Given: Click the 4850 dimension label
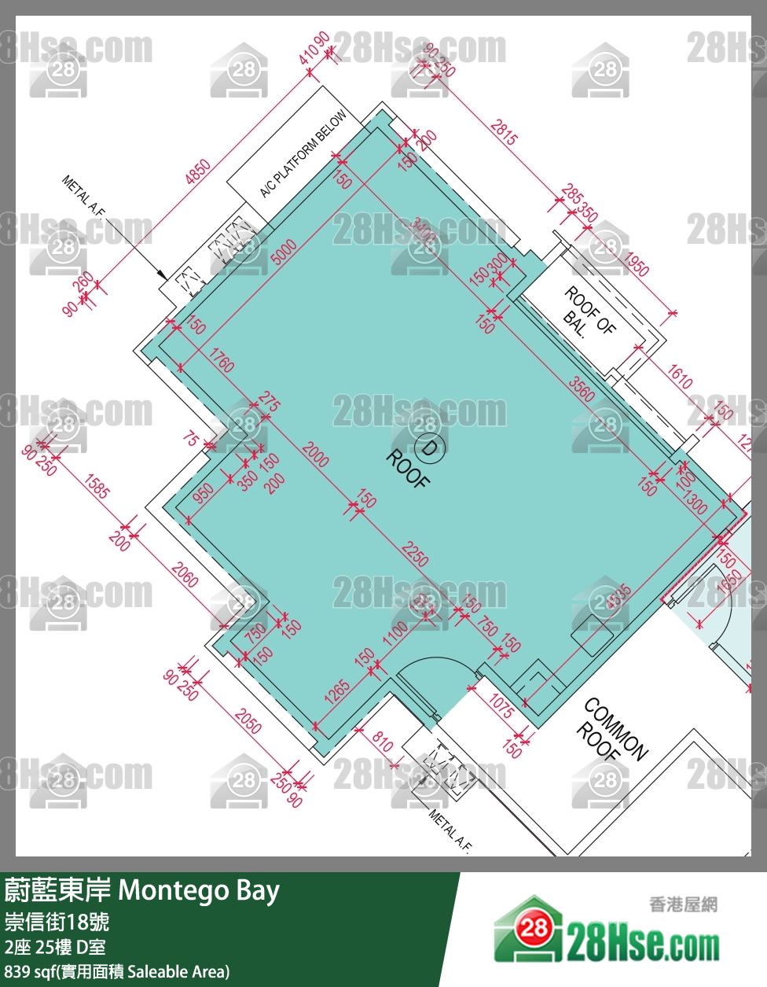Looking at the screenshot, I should [197, 172].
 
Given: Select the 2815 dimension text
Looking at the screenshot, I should [504, 132].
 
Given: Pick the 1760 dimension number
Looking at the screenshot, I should [222, 363].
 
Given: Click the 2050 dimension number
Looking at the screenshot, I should [248, 721].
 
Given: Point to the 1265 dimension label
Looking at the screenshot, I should [337, 691].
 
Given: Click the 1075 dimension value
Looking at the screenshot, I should [501, 705].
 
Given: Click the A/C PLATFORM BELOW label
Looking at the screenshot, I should [303, 154].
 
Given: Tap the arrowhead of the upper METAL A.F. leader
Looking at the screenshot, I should [162, 276].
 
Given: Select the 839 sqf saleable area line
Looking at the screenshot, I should [117, 971].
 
